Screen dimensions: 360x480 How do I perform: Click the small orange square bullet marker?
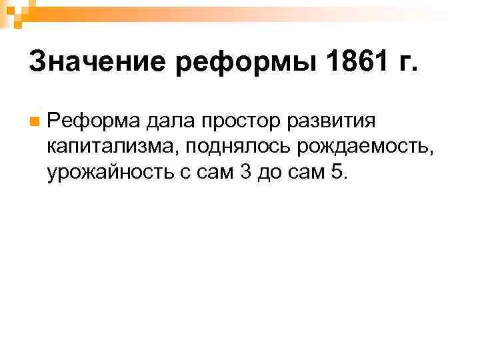[33, 122]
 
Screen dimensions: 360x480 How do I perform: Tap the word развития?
[337, 121]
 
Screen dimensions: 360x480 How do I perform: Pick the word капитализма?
[111, 147]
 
